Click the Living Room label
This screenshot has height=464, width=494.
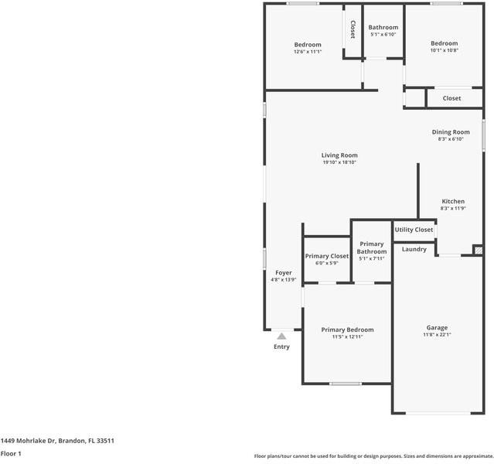coord(339,155)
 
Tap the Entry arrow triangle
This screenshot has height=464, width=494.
coord(281,336)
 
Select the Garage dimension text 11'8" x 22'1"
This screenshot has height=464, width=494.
coord(437,335)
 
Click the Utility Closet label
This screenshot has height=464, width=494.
coord(414,230)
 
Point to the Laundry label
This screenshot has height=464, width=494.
coord(414,249)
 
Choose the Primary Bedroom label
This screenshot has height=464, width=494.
coord(347,329)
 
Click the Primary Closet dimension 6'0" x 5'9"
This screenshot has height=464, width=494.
coord(327,263)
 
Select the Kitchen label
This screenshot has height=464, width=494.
coord(452,201)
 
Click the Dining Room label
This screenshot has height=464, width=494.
coord(450,132)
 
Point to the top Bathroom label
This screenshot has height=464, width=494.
coord(383,27)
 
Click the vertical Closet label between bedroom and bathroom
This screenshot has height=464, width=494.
coord(353,30)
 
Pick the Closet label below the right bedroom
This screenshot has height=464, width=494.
coord(452,98)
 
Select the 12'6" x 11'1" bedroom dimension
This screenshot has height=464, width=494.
coord(307,52)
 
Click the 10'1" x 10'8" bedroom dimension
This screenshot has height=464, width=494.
coord(445,50)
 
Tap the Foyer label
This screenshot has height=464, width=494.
coord(284,273)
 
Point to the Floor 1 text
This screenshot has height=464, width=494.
coord(11,453)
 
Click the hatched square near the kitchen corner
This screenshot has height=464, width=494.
coord(478,250)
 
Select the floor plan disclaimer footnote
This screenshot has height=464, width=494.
coord(373,456)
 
